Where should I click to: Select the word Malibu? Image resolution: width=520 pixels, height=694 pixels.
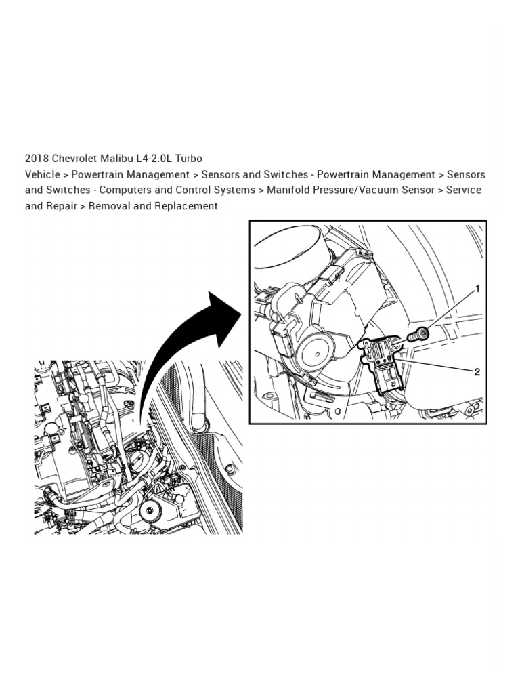tap(119, 158)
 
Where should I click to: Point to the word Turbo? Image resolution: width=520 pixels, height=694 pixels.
tap(189, 158)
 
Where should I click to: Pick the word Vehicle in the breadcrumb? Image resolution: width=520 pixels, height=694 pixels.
tap(43, 174)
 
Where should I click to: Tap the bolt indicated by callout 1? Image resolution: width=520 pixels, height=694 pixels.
tap(418, 333)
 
